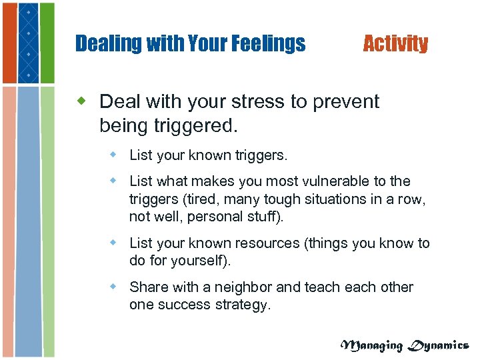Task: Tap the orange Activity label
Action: (x=395, y=44)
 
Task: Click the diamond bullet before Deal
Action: (x=83, y=101)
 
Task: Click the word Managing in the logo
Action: (x=372, y=345)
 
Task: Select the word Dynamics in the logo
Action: (x=438, y=345)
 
